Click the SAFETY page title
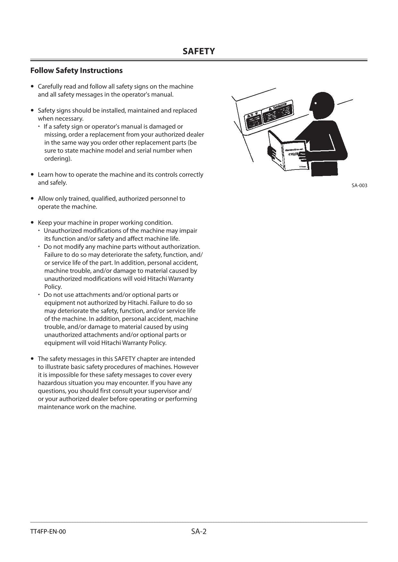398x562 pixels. tap(199, 51)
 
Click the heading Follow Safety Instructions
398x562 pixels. tap(76, 70)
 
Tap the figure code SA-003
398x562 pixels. tap(359, 186)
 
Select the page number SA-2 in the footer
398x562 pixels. tap(199, 532)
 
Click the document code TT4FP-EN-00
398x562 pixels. tap(48, 532)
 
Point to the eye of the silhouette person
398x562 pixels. tap(316, 103)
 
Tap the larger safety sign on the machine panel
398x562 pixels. tap(278, 112)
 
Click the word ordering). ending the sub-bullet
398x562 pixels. tap(58, 159)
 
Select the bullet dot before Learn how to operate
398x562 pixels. tap(32, 175)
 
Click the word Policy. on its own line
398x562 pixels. tap(53, 287)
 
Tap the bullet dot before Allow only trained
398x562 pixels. tap(32, 199)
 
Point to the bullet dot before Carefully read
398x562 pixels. tap(32, 87)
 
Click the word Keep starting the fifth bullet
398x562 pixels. tap(45, 223)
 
